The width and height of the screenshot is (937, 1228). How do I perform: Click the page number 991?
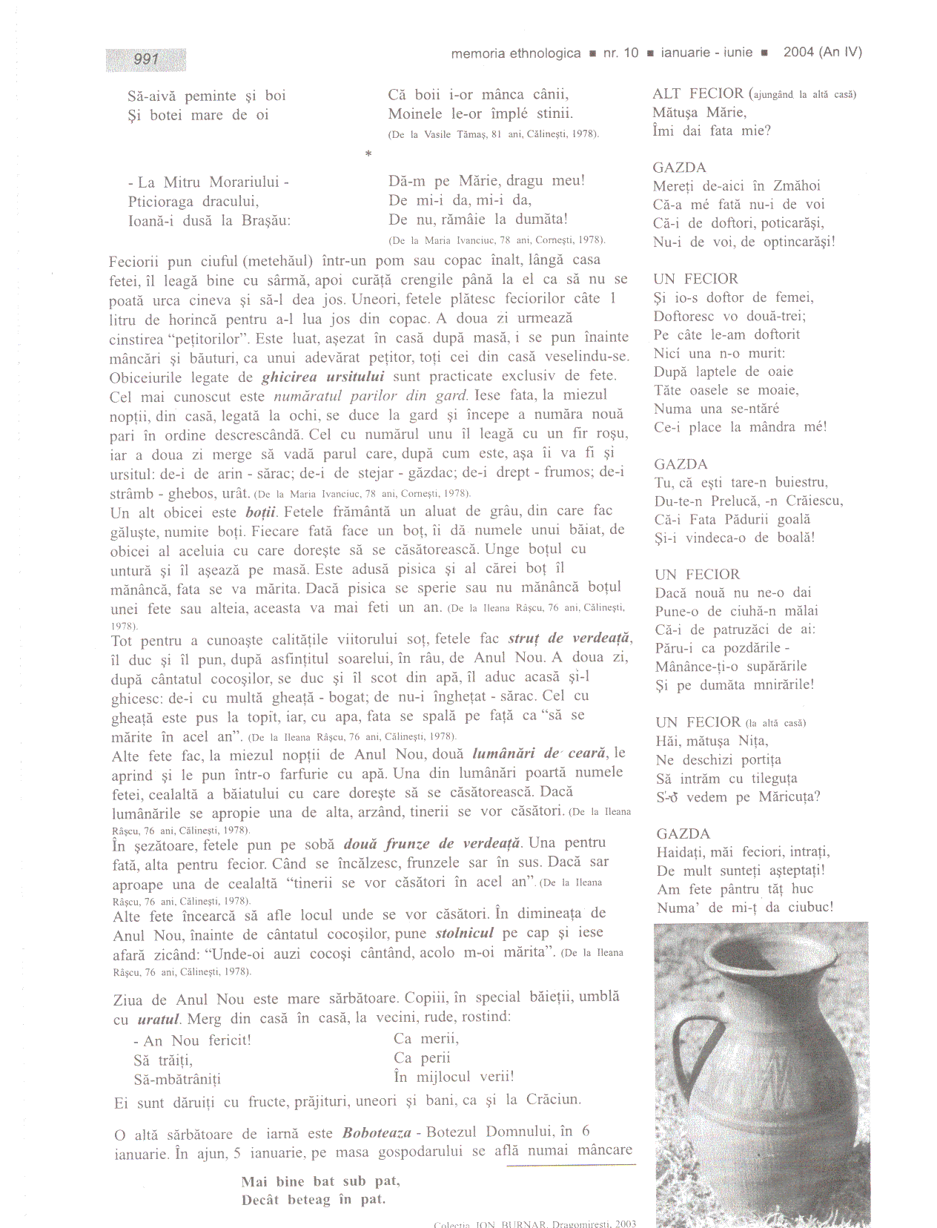click(146, 59)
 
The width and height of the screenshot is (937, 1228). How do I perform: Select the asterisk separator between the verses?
click(368, 154)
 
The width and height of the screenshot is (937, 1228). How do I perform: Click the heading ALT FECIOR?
click(698, 93)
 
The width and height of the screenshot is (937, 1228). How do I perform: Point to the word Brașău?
click(264, 220)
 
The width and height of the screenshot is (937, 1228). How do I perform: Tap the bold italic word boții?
click(261, 512)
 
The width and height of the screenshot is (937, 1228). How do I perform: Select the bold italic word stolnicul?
click(464, 933)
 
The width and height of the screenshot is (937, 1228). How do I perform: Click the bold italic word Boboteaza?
click(377, 1132)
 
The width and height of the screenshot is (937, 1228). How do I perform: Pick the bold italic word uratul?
click(158, 1020)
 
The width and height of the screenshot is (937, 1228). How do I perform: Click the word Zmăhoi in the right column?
click(797, 186)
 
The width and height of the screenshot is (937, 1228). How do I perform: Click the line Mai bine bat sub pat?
click(320, 1181)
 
